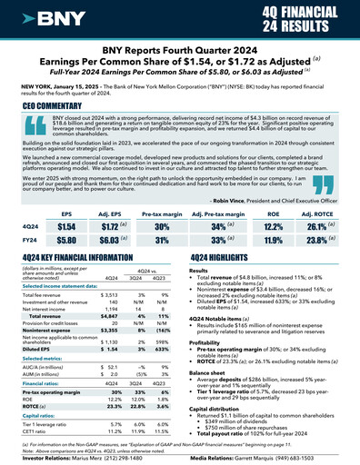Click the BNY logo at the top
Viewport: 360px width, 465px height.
pyautogui.click(x=48, y=16)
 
